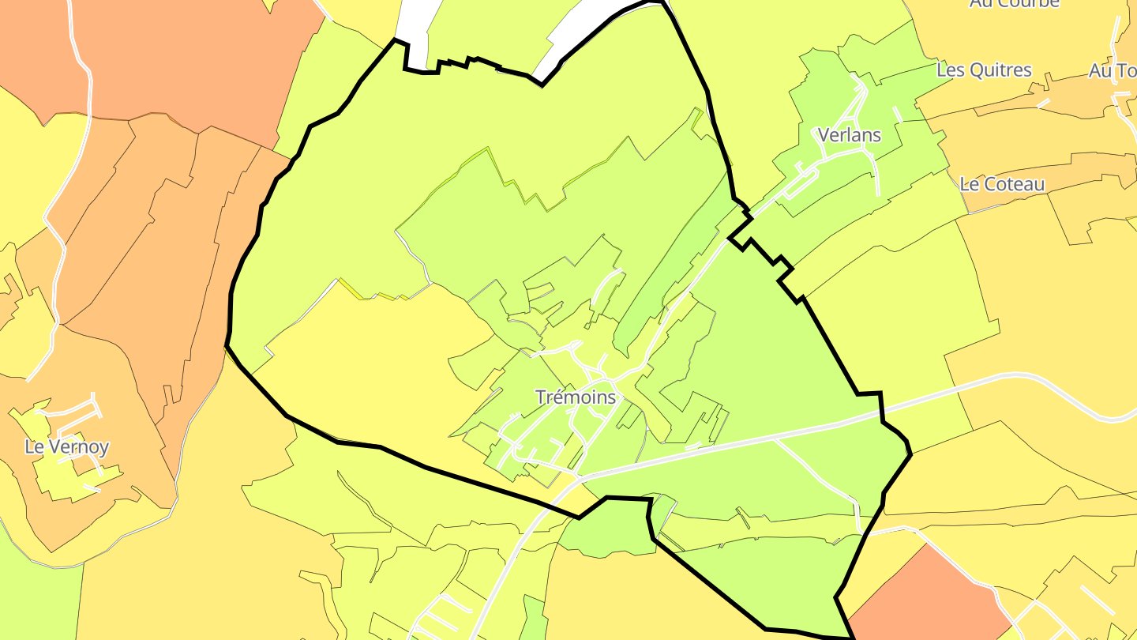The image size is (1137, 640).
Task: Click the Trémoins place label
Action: [575, 397]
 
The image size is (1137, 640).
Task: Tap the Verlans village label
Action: [849, 135]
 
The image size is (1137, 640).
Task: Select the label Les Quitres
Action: [984, 70]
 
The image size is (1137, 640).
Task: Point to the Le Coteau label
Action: [1002, 184]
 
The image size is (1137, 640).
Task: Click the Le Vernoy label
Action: [67, 446]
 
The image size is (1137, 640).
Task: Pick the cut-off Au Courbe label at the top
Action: [1014, 4]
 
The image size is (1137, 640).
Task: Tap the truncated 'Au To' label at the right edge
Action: [1112, 71]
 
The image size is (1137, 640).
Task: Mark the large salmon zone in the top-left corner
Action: [174, 55]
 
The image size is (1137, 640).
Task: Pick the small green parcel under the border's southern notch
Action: [608, 529]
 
